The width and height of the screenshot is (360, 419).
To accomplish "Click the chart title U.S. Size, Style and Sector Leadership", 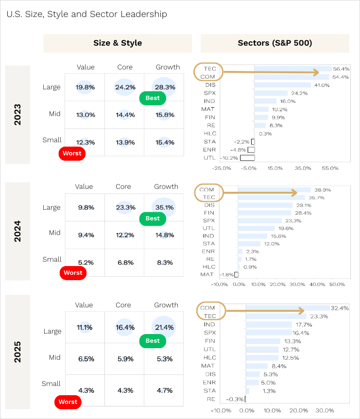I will [x=86, y=14].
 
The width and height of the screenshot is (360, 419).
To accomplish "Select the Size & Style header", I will [x=118, y=43].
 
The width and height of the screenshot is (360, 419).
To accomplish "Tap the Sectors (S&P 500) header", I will [x=274, y=43].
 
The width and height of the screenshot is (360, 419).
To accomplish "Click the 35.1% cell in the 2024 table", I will [x=164, y=207].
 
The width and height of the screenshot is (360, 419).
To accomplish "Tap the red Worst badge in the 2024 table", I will [x=73, y=273].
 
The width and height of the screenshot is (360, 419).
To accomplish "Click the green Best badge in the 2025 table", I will [x=153, y=341].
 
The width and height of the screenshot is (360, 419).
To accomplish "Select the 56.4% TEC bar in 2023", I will [x=292, y=69].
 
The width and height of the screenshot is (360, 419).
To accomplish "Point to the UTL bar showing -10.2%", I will [x=247, y=158].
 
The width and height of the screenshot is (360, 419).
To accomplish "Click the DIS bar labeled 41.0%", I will [x=282, y=85].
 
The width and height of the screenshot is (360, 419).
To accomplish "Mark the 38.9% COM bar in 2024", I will [x=274, y=190].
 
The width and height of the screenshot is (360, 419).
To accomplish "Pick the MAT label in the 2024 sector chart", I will [x=207, y=274].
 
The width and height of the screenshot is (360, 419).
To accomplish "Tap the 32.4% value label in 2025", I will [x=339, y=308].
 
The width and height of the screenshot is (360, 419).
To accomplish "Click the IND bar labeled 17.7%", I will [x=269, y=324].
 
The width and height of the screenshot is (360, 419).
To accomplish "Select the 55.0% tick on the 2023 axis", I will [x=330, y=168].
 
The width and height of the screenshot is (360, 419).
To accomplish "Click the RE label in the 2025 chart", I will [x=211, y=399].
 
